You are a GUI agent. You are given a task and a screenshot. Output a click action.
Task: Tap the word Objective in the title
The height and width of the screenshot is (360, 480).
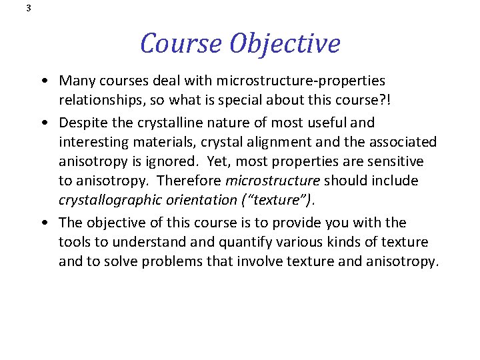coord(285,44)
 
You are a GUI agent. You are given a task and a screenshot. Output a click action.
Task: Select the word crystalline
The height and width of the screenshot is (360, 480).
coord(184,123)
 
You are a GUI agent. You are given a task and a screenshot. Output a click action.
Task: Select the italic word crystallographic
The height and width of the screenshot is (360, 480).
coord(107,200)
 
